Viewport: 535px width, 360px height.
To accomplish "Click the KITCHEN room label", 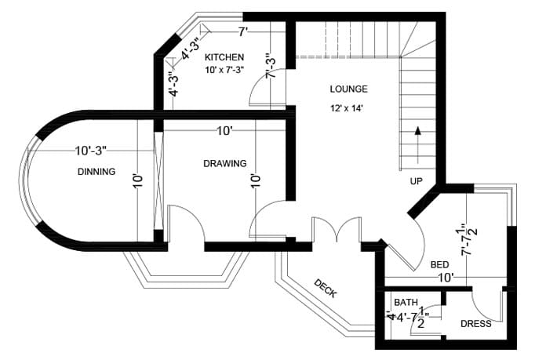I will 224,58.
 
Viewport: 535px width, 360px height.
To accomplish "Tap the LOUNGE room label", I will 348,89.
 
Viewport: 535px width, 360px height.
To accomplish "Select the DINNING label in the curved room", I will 96,172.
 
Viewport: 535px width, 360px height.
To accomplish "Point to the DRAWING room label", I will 225,164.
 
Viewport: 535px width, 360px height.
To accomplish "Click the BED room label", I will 439,265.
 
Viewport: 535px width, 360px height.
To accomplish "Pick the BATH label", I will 406,302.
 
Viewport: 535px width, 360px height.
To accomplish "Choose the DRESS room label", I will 475,324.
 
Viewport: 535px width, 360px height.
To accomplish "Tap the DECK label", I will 325,289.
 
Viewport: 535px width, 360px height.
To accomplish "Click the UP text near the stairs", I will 416,181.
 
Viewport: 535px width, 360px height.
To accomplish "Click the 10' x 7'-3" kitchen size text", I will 225,71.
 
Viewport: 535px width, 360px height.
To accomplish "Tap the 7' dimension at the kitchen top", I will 243,31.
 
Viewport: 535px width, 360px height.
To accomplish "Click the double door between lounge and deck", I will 337,229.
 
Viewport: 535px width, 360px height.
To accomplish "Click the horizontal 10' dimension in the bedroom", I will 446,278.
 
